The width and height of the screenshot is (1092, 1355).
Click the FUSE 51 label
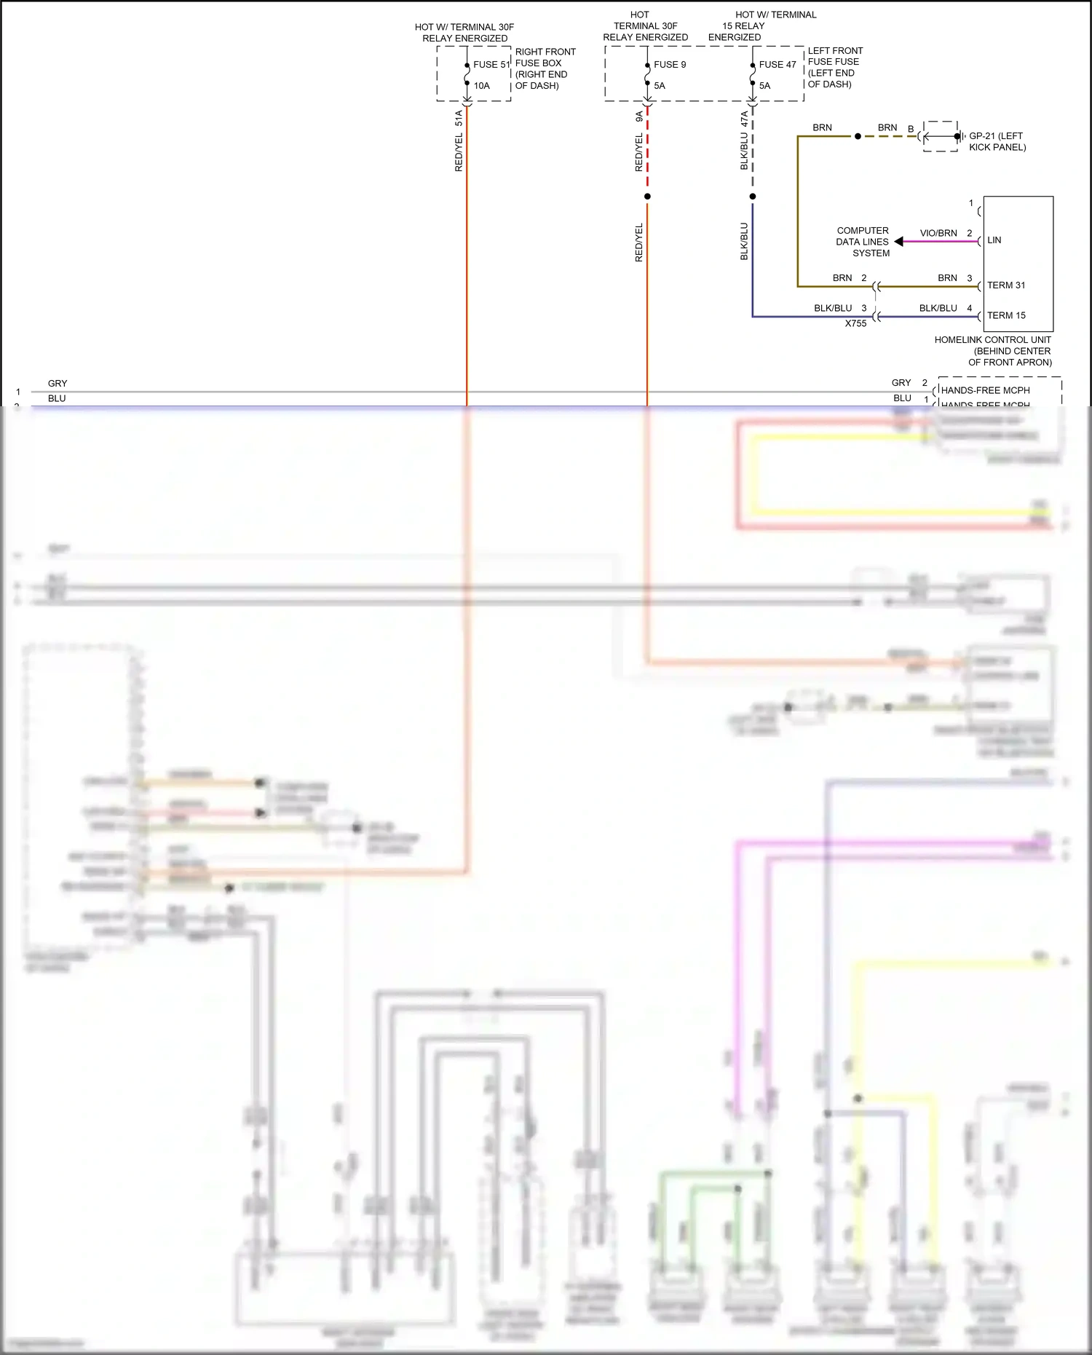tap(491, 64)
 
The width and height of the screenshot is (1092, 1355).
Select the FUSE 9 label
tap(670, 64)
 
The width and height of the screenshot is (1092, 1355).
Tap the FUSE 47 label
tap(777, 64)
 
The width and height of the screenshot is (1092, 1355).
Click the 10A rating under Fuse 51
tap(481, 85)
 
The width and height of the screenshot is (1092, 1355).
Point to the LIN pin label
tap(994, 240)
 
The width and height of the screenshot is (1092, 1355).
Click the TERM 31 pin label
tap(1005, 285)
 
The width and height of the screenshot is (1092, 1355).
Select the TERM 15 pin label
tap(1005, 315)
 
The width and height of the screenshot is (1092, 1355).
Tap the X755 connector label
tap(855, 323)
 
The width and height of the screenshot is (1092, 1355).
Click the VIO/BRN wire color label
tap(938, 233)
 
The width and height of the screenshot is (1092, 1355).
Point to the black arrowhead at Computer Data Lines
tap(899, 241)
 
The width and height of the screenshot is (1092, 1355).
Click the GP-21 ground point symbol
tap(958, 136)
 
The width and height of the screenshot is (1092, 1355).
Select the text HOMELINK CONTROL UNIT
tap(992, 339)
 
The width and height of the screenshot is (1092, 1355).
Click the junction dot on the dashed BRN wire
tap(858, 136)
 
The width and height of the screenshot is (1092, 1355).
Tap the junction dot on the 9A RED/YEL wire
tap(647, 197)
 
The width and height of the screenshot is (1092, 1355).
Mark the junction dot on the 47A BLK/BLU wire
tap(753, 197)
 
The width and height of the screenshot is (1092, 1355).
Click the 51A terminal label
tap(459, 118)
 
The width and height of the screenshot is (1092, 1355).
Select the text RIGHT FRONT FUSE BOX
tap(545, 58)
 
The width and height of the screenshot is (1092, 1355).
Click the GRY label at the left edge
tap(58, 383)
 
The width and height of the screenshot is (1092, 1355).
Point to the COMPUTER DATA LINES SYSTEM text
tap(863, 241)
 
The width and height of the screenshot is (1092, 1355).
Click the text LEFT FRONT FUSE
tap(834, 56)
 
